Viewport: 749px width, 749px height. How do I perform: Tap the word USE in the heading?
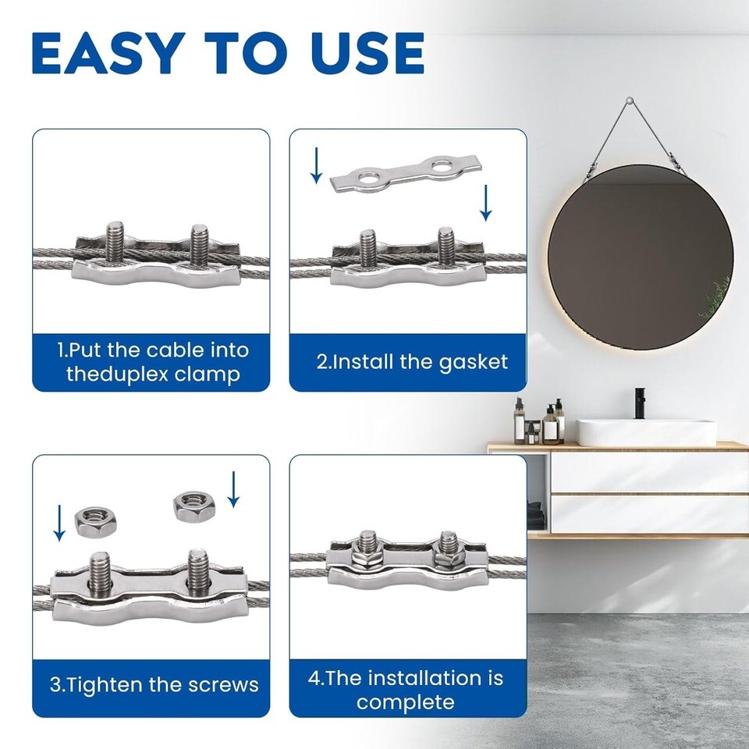click(367, 53)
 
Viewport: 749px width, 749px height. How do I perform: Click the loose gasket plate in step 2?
click(406, 173)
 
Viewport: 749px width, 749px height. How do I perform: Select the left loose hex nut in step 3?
click(95, 522)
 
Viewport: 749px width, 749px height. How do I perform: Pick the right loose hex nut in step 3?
click(194, 506)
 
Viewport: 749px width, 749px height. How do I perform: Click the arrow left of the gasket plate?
click(316, 165)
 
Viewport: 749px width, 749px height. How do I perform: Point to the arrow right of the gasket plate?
click(486, 203)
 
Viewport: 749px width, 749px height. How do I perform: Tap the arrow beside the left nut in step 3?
click(59, 523)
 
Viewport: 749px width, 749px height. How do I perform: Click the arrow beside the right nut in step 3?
click(233, 490)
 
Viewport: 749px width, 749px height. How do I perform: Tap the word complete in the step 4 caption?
click(406, 703)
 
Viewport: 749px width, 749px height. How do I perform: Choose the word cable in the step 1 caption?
click(175, 350)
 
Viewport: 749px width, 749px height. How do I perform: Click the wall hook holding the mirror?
click(630, 101)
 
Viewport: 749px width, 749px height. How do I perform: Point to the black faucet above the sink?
click(640, 403)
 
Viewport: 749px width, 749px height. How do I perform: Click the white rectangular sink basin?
click(646, 433)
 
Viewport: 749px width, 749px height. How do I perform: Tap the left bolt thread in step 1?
click(115, 241)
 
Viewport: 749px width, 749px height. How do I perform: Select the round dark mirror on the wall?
click(640, 257)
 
